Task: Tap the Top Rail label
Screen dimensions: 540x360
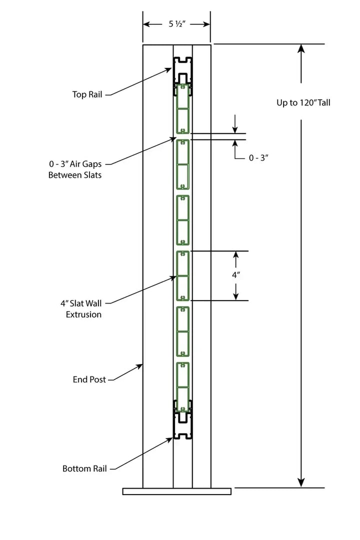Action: click(x=87, y=94)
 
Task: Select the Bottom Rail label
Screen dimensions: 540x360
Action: click(x=84, y=468)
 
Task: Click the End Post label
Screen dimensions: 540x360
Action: click(x=89, y=379)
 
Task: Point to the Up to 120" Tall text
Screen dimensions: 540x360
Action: click(x=303, y=103)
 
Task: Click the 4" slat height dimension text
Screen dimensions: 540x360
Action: click(x=236, y=275)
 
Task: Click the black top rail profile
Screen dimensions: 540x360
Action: click(x=183, y=69)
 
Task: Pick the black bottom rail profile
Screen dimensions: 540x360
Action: click(x=183, y=425)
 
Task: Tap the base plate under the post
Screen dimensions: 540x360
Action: click(x=176, y=491)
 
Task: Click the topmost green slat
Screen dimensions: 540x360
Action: click(x=183, y=108)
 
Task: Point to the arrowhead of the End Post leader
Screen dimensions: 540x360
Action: click(x=141, y=366)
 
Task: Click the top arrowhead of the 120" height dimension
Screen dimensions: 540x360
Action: click(x=301, y=48)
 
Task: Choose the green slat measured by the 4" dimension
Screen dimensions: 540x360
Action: click(x=183, y=275)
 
